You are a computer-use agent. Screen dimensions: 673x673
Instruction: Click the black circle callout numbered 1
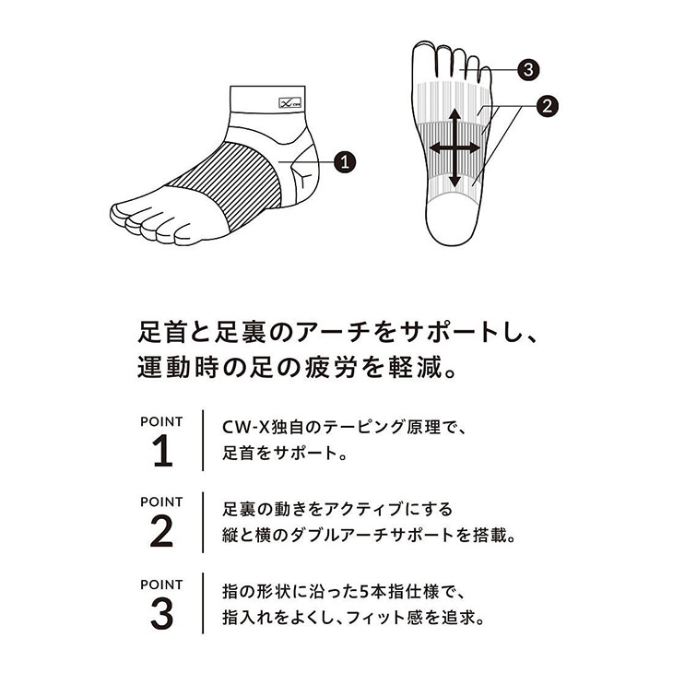(345, 162)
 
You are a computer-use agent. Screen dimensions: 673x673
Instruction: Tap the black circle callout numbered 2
(548, 106)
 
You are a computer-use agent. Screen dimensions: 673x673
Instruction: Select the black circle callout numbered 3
(528, 69)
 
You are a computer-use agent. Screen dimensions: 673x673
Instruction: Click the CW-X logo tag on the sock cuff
(290, 102)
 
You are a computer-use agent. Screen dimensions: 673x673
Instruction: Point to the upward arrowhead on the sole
(455, 114)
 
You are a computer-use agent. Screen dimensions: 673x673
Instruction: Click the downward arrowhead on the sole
(455, 182)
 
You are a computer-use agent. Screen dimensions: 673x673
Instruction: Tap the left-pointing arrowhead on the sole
(435, 148)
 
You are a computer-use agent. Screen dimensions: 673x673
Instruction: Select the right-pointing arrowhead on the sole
(474, 148)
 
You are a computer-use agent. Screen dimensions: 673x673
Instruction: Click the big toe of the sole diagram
(423, 60)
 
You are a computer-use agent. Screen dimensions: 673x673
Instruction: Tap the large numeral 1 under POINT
(162, 451)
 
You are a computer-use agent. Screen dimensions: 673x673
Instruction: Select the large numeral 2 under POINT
(161, 531)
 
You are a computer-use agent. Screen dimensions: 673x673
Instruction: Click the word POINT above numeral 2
(161, 502)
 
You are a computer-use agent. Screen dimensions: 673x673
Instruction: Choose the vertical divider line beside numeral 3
(203, 603)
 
